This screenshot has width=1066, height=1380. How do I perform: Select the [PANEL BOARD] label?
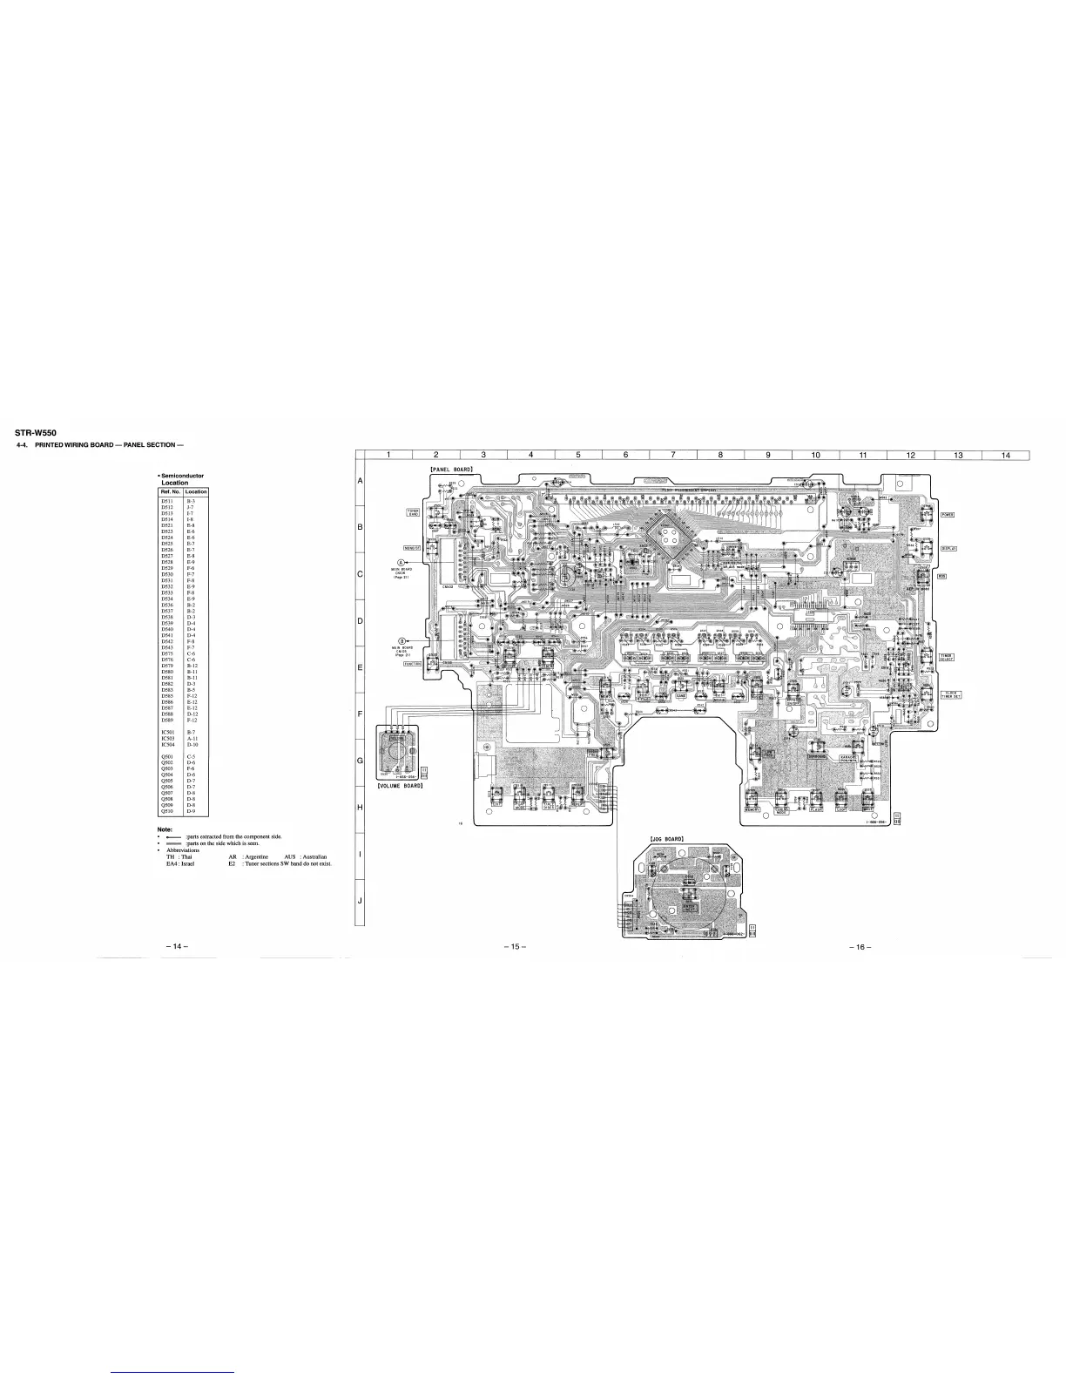point(451,470)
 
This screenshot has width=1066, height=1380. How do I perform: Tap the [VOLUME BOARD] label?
point(400,786)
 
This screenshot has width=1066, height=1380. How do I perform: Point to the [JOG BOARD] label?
point(671,839)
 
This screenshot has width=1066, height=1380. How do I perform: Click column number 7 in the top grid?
point(673,453)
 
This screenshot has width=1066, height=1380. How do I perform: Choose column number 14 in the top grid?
point(1005,453)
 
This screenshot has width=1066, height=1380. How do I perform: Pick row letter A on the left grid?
point(360,482)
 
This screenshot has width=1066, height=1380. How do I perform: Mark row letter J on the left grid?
point(360,900)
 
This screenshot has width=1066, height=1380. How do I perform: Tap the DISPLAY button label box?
point(948,548)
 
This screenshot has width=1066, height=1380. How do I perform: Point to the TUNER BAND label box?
point(415,512)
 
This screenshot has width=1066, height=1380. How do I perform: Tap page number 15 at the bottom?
point(510,947)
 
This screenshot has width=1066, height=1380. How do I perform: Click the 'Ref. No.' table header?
point(170,492)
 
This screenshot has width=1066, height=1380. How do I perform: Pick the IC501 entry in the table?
point(168,734)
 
